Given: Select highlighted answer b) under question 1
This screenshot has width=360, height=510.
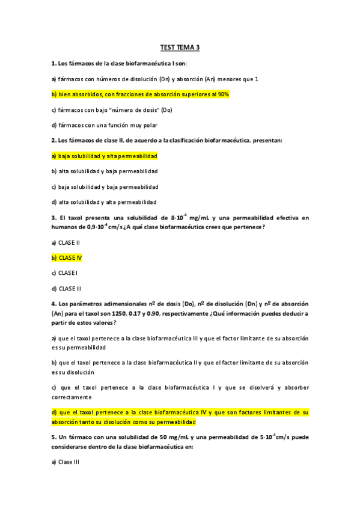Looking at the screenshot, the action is (140, 94).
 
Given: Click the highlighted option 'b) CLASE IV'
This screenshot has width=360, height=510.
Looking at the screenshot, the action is (67, 257).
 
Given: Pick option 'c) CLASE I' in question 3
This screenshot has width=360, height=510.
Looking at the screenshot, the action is (65, 273).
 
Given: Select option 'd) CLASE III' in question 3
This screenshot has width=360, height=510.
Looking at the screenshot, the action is (67, 289).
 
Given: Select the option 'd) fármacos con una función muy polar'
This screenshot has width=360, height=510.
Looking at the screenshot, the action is (105, 125).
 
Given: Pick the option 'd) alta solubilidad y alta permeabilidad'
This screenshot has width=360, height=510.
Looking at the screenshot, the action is (104, 202).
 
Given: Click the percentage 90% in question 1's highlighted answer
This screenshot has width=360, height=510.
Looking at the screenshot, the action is (224, 94).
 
